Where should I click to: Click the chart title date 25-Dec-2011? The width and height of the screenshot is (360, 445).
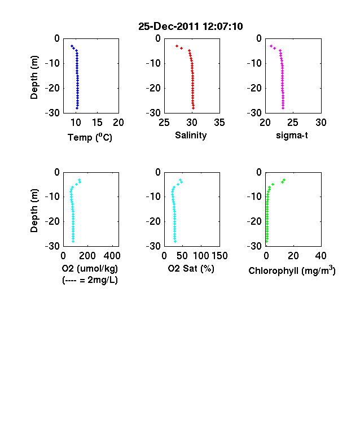169,27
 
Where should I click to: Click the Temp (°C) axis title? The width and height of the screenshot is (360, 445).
90,137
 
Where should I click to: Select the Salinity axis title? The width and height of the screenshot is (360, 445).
191,136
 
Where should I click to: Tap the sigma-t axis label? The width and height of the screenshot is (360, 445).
292,136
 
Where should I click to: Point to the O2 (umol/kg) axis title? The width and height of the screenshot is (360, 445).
90,268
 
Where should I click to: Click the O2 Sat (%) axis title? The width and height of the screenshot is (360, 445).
191,268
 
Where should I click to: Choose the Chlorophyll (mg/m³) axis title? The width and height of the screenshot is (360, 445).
292,271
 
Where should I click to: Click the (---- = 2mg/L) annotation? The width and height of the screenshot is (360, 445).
90,280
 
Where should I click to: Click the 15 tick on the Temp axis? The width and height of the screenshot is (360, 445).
97,123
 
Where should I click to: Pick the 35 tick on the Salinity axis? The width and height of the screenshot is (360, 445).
219,123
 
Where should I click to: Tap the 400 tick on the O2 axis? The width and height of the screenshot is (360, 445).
112,256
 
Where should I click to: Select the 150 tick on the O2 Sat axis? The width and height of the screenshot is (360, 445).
219,256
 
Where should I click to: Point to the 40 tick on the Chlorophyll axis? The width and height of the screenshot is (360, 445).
321,256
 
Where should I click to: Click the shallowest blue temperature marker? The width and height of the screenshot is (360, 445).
72,46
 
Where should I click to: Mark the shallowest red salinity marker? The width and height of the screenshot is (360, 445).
177,46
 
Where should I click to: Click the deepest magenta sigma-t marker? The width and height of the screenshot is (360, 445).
283,108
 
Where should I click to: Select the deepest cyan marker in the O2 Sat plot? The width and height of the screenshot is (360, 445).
175,241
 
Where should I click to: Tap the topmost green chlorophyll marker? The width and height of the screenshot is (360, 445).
284,180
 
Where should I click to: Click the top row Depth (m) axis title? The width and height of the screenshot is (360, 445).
34,77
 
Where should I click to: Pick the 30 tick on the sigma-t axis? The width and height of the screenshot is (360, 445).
321,123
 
